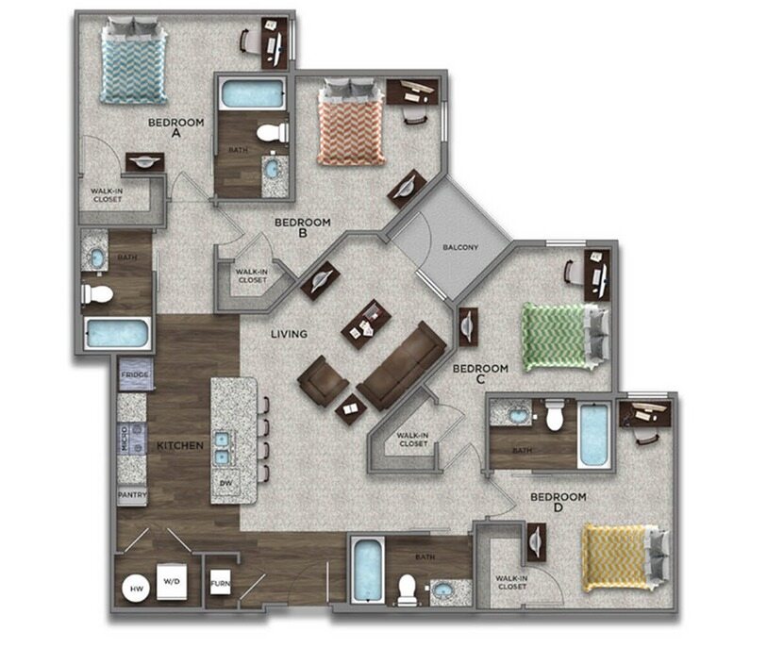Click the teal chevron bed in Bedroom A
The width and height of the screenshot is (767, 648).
[x=134, y=63]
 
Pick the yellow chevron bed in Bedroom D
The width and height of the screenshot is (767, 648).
[x=617, y=556]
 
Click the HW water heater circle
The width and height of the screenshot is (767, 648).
[x=135, y=589]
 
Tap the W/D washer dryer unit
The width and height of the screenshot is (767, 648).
[x=171, y=582]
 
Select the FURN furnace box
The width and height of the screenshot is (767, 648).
[x=219, y=583]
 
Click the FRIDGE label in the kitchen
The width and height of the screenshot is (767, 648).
[x=132, y=376]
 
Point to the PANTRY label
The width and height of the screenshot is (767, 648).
[x=132, y=494]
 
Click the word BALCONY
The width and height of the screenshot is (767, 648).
[x=460, y=248]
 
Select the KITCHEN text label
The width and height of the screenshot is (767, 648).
[x=180, y=444]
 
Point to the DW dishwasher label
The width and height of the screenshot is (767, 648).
[x=225, y=483]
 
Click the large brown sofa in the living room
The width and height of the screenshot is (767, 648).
[x=402, y=363]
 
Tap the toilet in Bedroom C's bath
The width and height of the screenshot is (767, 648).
[x=555, y=414]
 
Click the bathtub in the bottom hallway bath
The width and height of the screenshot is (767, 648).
[x=367, y=570]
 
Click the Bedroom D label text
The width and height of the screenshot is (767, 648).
[x=558, y=503]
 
